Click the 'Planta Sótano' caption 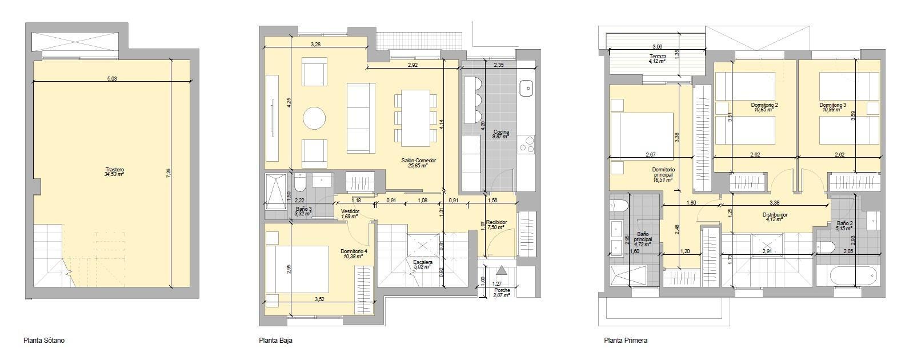click(x=44, y=341)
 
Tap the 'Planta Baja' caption click(x=276, y=341)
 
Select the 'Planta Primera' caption click(x=626, y=341)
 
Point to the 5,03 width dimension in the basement click(x=112, y=79)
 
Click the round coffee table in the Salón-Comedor click(x=314, y=119)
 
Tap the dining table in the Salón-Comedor click(x=415, y=118)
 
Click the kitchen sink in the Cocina click(x=526, y=87)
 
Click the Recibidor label click(x=496, y=223)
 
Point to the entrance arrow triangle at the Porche click(x=501, y=270)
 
